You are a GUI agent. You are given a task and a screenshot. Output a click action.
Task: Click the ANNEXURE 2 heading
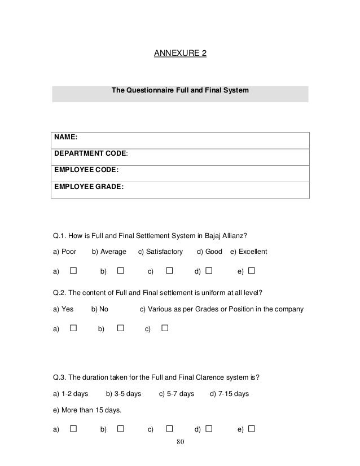tap(180, 54)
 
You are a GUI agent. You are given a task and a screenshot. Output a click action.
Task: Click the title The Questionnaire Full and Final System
tap(180, 90)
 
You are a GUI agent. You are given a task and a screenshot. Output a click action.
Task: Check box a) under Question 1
tap(73, 271)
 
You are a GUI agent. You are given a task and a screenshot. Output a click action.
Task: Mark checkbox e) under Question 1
tap(252, 271)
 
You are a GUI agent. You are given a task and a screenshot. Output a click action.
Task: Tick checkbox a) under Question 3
tap(73, 429)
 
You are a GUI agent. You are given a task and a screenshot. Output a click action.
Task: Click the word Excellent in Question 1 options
tap(253, 251)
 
